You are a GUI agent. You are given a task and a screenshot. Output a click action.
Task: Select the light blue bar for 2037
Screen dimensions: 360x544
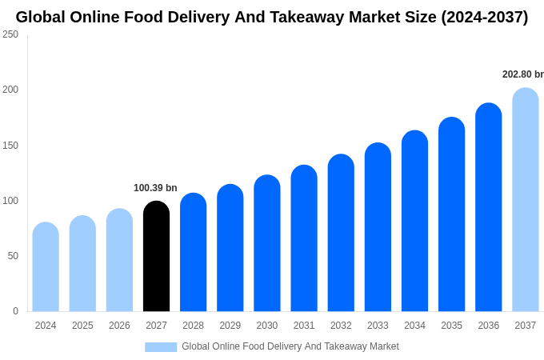click(x=526, y=200)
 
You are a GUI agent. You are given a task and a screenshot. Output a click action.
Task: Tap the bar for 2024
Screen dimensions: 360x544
click(x=46, y=267)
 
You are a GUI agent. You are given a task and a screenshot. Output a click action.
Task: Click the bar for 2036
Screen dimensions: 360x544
click(x=489, y=207)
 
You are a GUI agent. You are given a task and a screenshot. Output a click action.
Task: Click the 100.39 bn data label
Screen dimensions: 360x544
click(x=155, y=188)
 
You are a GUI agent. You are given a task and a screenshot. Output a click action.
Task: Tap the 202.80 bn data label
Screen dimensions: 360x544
click(x=523, y=74)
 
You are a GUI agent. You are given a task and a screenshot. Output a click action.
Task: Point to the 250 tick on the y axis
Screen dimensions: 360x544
click(x=10, y=34)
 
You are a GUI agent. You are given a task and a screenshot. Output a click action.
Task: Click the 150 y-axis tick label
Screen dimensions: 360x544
click(x=10, y=146)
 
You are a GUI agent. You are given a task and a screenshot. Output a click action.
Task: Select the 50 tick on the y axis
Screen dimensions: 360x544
click(x=13, y=256)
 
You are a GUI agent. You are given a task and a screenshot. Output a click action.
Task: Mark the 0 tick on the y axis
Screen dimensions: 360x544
click(x=15, y=311)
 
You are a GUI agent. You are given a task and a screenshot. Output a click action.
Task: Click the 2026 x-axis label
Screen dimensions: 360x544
click(x=119, y=326)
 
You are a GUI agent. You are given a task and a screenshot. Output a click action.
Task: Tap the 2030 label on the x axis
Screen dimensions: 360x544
click(x=267, y=326)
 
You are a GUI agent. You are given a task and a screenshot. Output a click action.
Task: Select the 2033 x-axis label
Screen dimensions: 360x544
click(x=378, y=326)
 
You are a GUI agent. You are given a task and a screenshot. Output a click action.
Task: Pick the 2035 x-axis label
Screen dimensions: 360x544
click(x=451, y=326)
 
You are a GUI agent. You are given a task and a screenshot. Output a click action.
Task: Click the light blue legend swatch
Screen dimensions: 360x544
click(x=161, y=347)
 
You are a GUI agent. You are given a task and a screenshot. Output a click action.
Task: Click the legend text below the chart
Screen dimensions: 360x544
click(x=290, y=346)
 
